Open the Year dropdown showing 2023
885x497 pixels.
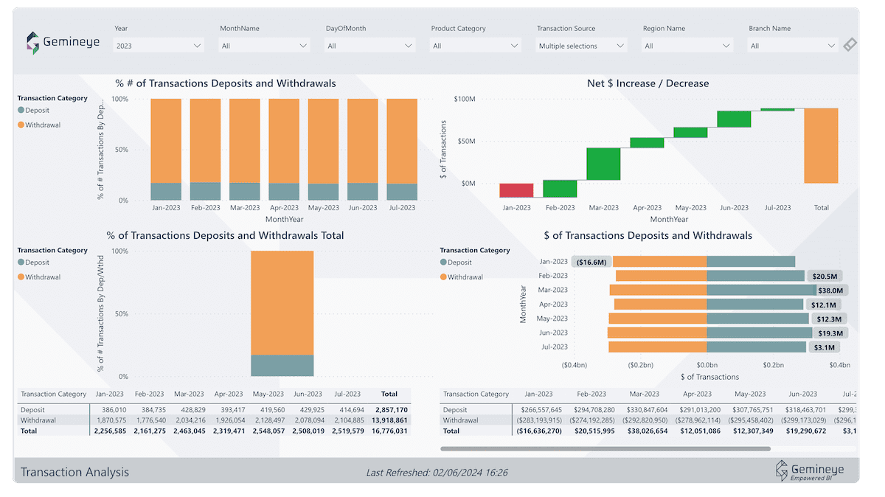tap(159, 46)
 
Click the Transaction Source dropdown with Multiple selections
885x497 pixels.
tap(581, 46)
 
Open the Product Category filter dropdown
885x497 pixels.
tap(476, 46)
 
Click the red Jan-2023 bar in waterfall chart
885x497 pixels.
tap(516, 190)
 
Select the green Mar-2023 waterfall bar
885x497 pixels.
tap(603, 164)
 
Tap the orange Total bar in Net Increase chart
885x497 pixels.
tap(821, 146)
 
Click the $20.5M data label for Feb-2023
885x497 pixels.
tap(825, 276)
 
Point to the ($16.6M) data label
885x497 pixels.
tap(591, 262)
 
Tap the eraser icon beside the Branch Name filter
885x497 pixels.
tap(850, 45)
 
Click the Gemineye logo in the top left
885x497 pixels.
tap(63, 43)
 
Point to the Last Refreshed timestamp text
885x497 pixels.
tap(437, 472)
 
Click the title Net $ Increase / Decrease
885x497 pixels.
tap(648, 83)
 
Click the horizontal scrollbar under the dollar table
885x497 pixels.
tap(605, 448)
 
